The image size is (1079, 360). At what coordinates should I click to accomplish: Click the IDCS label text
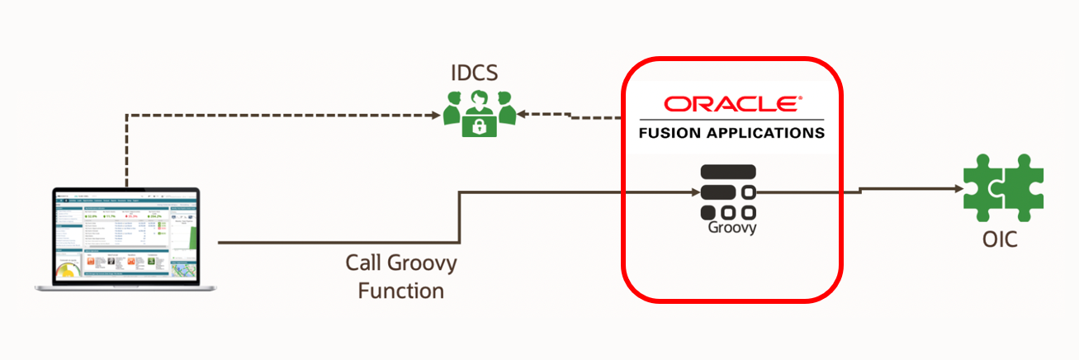pyautogui.click(x=474, y=73)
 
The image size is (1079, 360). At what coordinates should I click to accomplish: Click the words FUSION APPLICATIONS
pyautogui.click(x=731, y=132)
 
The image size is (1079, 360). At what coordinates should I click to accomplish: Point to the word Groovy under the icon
pyautogui.click(x=731, y=228)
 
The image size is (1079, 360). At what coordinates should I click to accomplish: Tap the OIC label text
pyautogui.click(x=1000, y=241)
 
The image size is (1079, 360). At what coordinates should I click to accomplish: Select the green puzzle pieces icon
pyautogui.click(x=1003, y=189)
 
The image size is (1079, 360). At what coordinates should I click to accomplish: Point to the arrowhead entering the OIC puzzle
pyautogui.click(x=958, y=188)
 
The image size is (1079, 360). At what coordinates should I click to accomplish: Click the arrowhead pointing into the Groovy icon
pyautogui.click(x=695, y=192)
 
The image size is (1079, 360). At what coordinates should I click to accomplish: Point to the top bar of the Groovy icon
pyautogui.click(x=728, y=172)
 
